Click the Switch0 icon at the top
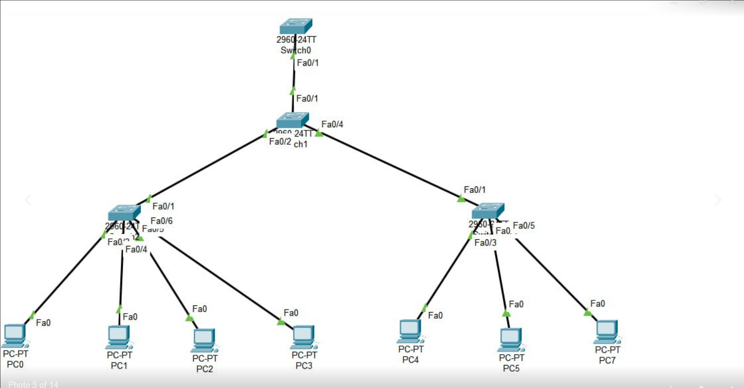296,26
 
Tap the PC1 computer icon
118,337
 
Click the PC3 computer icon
304,337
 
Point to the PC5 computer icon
511,340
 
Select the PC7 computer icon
607,332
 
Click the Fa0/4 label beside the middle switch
332,125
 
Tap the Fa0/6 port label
161,221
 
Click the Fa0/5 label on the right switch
524,226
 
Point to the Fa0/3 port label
486,243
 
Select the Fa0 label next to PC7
597,304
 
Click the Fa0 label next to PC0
43,323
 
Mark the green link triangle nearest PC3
281,322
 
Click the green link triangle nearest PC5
506,313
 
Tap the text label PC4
410,360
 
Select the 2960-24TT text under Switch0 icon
296,40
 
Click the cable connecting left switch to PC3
218,278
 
